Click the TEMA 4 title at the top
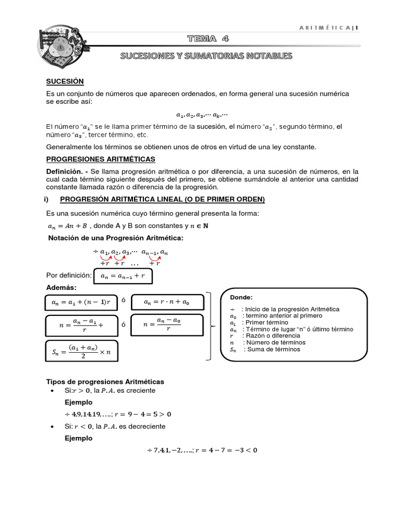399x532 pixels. click(x=207, y=38)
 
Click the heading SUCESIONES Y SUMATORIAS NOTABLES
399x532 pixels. click(x=206, y=56)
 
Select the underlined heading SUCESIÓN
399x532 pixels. click(x=65, y=82)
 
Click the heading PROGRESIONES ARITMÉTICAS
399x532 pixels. click(x=101, y=159)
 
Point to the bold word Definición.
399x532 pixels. click(x=64, y=171)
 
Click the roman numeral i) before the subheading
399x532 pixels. click(x=45, y=199)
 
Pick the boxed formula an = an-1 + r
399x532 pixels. click(x=123, y=275)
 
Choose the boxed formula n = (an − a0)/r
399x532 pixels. click(x=161, y=326)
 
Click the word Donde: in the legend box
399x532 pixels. click(x=241, y=297)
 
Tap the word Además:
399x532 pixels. click(x=61, y=288)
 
